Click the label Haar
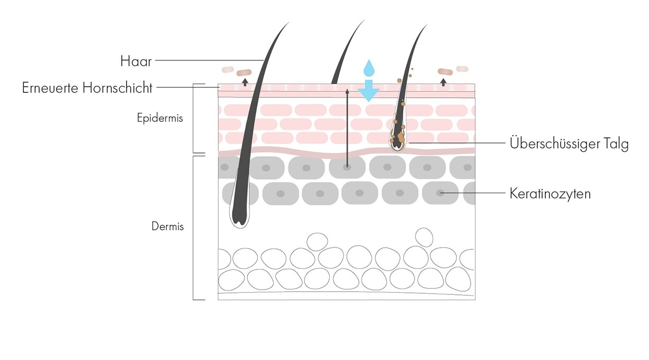136,61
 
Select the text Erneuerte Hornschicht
87,88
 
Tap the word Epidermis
160,118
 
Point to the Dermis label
168,227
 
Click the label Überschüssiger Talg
569,143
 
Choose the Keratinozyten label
550,194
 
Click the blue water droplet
368,68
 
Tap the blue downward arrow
368,91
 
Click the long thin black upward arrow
347,127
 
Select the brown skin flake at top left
245,72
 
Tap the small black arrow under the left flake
245,82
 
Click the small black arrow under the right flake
444,82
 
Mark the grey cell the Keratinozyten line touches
440,193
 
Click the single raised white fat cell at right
423,237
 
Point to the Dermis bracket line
194,228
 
